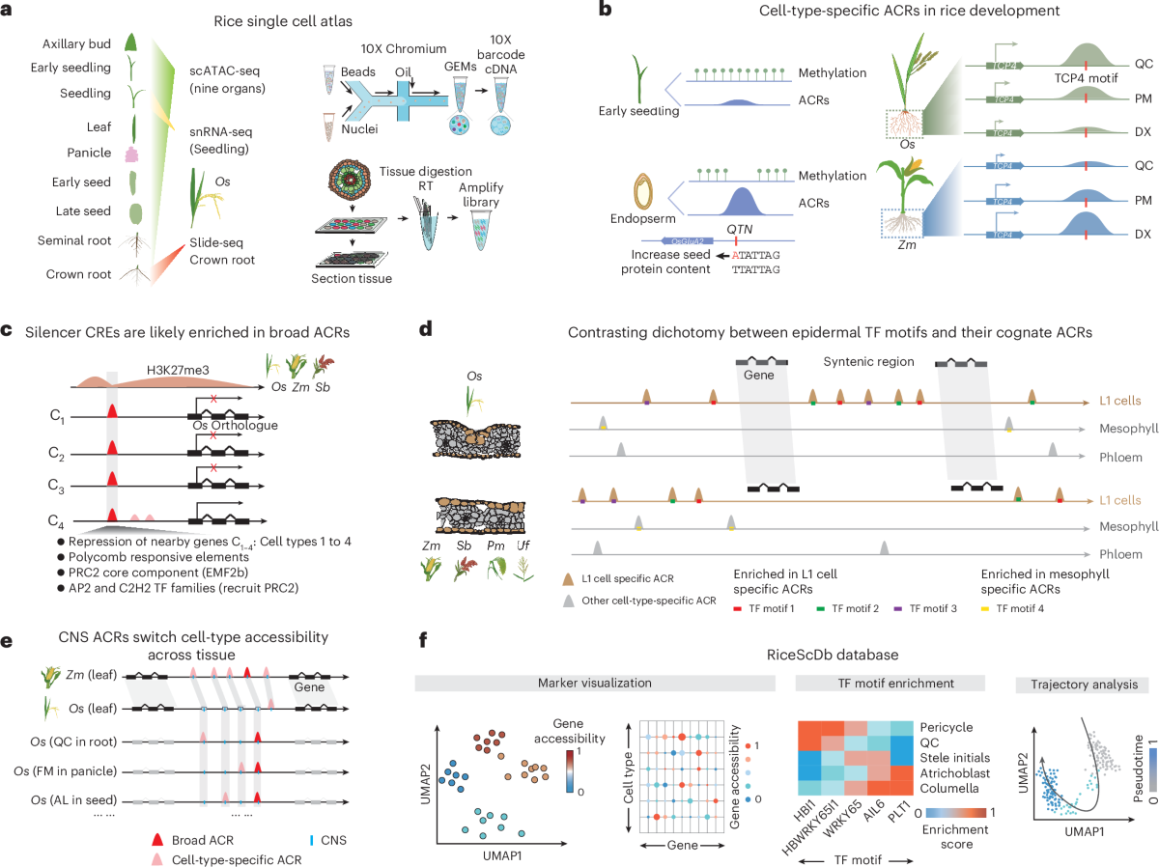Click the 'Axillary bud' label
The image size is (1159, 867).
tap(73, 44)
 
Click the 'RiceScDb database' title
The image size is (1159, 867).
tap(782, 654)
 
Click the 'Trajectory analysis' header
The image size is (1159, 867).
tap(1075, 684)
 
